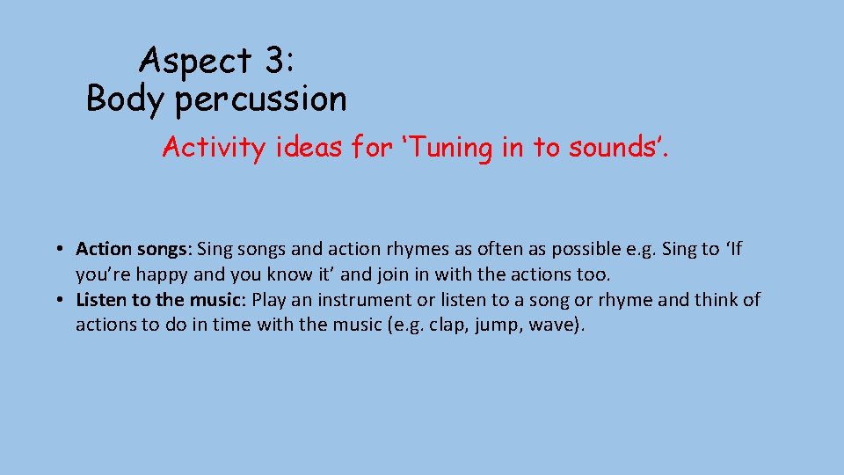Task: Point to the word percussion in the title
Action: [261, 100]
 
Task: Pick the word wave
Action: [552, 325]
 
